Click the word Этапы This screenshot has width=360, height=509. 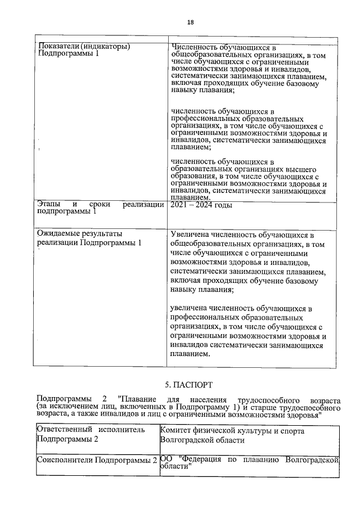point(49,205)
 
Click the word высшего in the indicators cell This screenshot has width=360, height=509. point(299,169)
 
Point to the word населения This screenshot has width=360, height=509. point(207,398)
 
